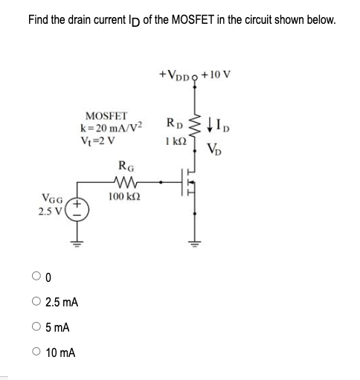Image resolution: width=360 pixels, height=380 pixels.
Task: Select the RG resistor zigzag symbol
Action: point(122,183)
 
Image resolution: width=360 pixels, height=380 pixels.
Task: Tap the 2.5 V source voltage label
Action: point(51,211)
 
